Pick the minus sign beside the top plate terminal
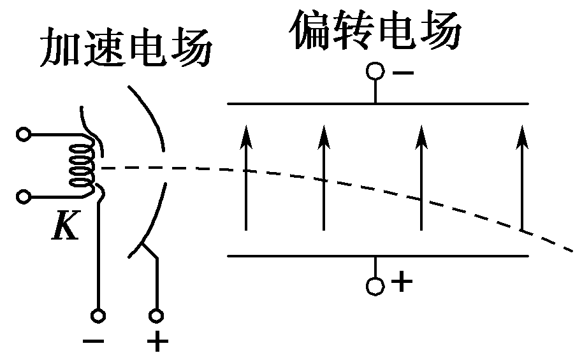point(403,71)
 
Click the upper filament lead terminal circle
point(24,134)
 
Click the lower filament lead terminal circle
point(24,196)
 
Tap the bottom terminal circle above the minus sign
point(98,315)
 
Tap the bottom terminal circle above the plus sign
point(156,315)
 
